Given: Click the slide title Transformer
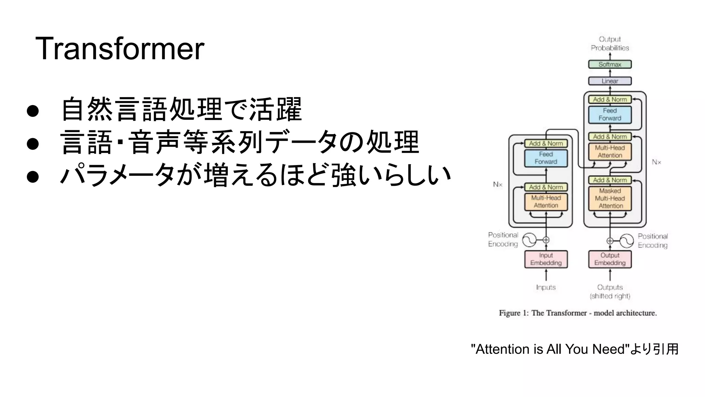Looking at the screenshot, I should [x=120, y=49].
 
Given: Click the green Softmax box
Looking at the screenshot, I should [x=610, y=64].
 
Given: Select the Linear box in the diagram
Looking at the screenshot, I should [x=610, y=81].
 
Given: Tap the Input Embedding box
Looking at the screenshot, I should [x=546, y=259].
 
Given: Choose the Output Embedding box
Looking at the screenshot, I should [x=610, y=259].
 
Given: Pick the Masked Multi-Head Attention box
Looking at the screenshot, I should [x=610, y=198].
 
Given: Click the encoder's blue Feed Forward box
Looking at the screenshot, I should [x=546, y=158].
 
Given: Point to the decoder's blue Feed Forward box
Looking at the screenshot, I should [x=610, y=114].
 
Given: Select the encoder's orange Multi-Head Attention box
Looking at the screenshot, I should [x=546, y=202].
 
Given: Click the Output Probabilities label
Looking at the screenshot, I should [x=610, y=43].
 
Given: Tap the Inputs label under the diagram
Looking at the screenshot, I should [x=546, y=287].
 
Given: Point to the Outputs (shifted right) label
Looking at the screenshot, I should [x=610, y=292].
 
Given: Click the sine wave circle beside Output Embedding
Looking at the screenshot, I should [x=626, y=241].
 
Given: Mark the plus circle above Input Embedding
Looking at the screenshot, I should [x=546, y=240].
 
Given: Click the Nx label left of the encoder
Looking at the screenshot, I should [x=497, y=185].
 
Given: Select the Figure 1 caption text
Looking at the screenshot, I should [x=578, y=313].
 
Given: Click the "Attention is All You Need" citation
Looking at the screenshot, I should [x=575, y=349].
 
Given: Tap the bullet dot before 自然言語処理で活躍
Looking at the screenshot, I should [x=33, y=111].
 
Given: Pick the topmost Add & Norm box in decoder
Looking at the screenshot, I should [x=610, y=100].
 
